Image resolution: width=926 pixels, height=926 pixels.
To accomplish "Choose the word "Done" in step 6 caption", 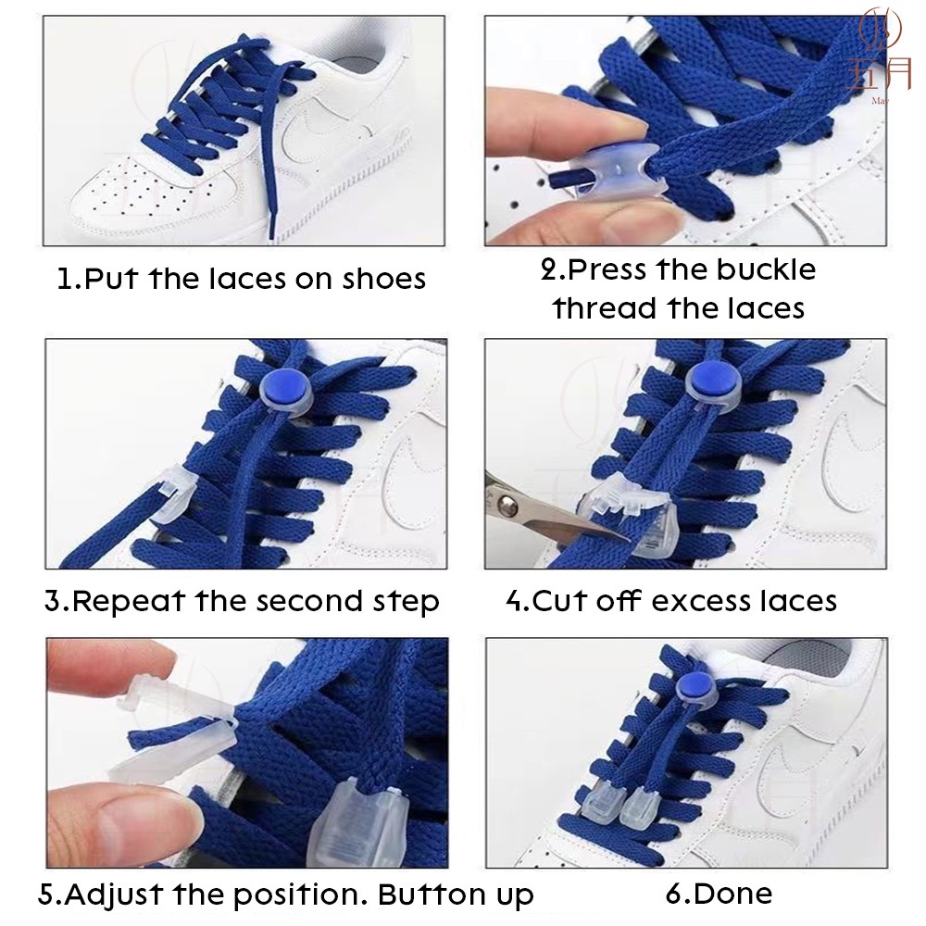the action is (732, 895).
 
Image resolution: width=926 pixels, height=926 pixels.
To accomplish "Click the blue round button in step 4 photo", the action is (713, 380).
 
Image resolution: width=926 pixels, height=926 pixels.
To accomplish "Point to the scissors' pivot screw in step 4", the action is (507, 505).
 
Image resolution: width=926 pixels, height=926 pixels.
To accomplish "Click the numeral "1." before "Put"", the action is (69, 280).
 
